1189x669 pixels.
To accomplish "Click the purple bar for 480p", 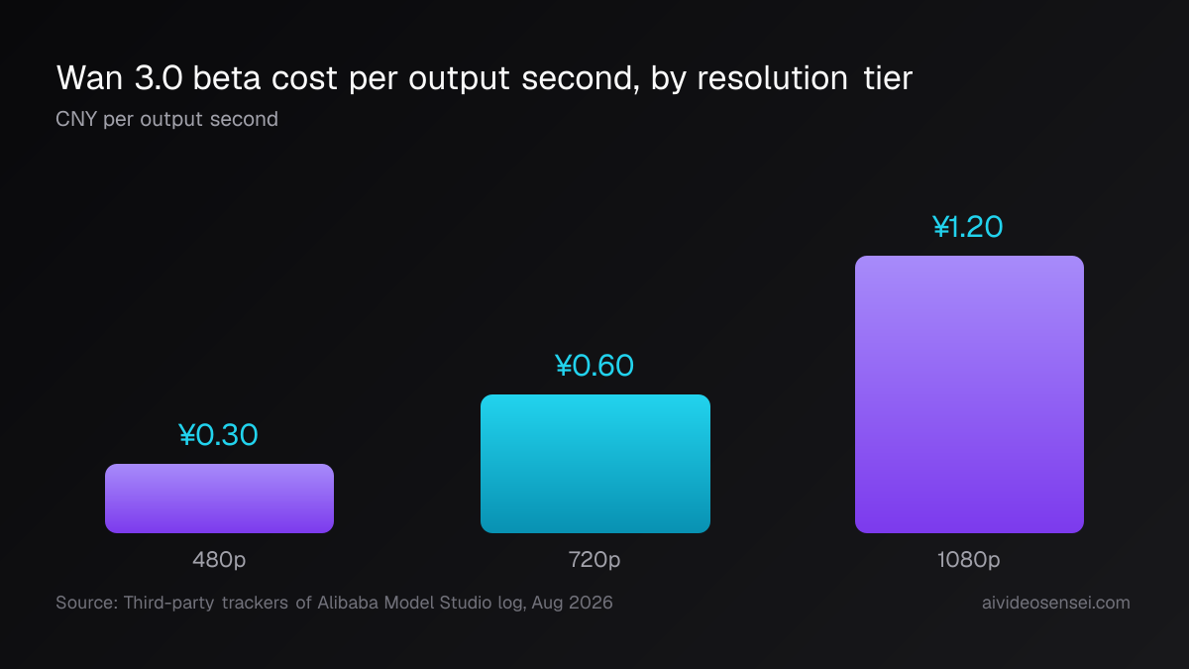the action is pyautogui.click(x=219, y=498).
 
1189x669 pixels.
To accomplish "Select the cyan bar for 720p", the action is pyautogui.click(x=595, y=464).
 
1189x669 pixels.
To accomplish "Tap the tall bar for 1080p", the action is pyautogui.click(x=969, y=394).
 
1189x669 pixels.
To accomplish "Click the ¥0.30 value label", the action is pyautogui.click(x=218, y=435).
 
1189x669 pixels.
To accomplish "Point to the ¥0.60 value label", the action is pyautogui.click(x=594, y=366).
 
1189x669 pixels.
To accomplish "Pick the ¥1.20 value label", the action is pyautogui.click(x=968, y=227).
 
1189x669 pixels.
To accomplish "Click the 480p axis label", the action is pyautogui.click(x=219, y=560).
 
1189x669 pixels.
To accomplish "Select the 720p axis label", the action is pyautogui.click(x=594, y=560).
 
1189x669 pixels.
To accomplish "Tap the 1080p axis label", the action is pyautogui.click(x=968, y=560).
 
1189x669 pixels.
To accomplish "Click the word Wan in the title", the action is pyautogui.click(x=90, y=78).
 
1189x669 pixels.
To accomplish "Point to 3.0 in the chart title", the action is pyautogui.click(x=159, y=78).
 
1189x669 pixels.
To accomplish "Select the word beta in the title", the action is pyautogui.click(x=227, y=78).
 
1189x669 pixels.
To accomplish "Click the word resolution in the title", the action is pyautogui.click(x=772, y=78).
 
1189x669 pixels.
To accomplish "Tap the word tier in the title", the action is pyautogui.click(x=888, y=78).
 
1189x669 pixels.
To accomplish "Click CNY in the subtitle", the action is pyautogui.click(x=76, y=119).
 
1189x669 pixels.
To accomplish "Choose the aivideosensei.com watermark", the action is pyautogui.click(x=1056, y=603).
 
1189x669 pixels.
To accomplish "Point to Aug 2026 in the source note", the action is pyautogui.click(x=572, y=604).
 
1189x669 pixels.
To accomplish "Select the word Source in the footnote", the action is pyautogui.click(x=86, y=603).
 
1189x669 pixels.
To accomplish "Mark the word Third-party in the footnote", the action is pyautogui.click(x=168, y=604).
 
